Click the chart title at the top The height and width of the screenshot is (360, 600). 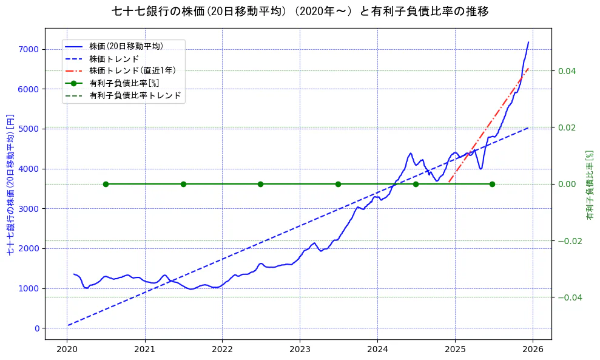300,12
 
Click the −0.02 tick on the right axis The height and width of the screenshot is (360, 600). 568,241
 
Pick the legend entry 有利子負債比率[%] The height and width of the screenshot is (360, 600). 124,83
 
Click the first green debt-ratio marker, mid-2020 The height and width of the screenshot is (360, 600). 106,184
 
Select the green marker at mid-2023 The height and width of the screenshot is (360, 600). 338,184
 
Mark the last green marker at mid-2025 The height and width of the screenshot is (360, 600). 492,184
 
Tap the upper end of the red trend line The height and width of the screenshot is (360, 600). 528,69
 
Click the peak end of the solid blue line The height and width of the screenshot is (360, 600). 528,42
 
